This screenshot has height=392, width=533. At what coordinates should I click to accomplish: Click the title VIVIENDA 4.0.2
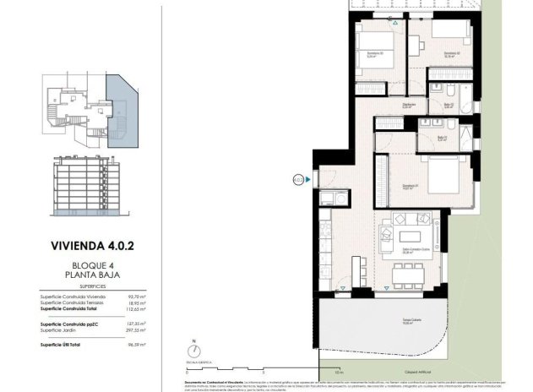[x=95, y=248]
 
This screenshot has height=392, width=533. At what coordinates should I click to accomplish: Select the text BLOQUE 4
[x=95, y=265]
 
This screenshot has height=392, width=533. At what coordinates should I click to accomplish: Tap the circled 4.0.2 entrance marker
[x=298, y=178]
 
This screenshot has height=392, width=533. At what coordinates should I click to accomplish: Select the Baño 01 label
[x=442, y=138]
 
